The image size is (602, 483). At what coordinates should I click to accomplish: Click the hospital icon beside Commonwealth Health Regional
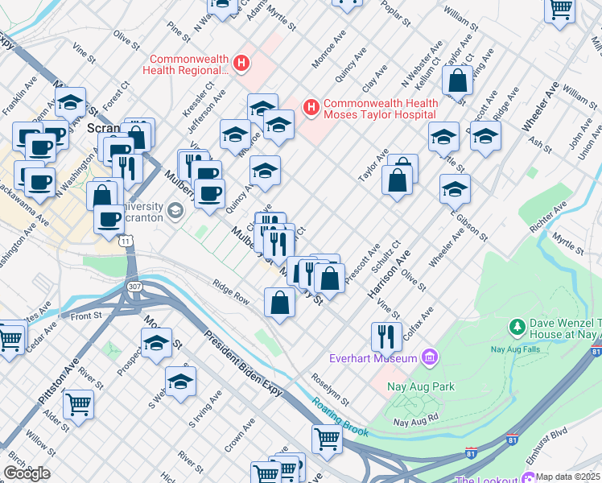(x=240, y=62)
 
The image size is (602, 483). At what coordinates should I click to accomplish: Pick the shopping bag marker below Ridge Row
(x=279, y=303)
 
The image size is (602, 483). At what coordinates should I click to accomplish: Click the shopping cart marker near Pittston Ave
(x=78, y=402)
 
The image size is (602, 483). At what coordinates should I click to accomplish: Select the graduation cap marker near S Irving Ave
(x=181, y=381)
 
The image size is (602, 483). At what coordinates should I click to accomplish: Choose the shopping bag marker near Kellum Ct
(x=458, y=81)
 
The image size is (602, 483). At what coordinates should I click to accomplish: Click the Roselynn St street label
(x=331, y=390)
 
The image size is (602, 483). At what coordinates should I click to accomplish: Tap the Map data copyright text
(x=567, y=477)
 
